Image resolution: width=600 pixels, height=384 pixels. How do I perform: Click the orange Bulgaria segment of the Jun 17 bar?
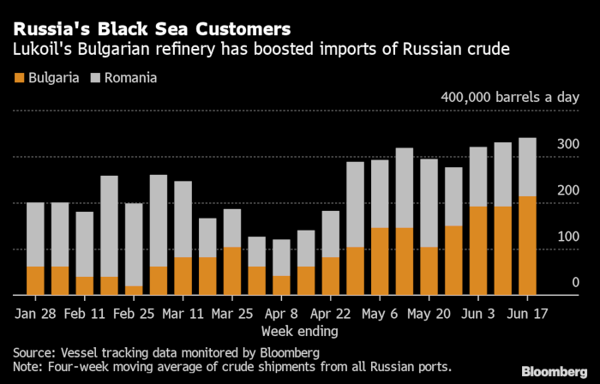528,246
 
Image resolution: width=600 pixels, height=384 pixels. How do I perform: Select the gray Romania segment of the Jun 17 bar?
528,167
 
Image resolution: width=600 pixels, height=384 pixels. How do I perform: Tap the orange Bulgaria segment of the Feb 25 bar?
134,291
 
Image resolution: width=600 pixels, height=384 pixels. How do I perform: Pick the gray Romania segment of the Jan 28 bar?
35,234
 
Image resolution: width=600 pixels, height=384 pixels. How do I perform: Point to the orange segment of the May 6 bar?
380,261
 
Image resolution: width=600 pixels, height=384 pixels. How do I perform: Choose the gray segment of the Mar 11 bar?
183,219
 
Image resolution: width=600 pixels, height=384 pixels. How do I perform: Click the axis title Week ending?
300,330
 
